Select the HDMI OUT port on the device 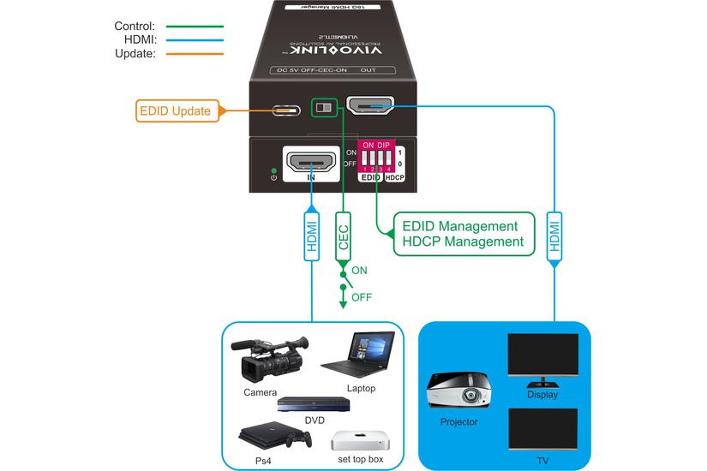pos(370,108)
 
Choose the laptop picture pos(358,355)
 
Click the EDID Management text pos(460,226)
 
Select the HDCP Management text pos(463,242)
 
